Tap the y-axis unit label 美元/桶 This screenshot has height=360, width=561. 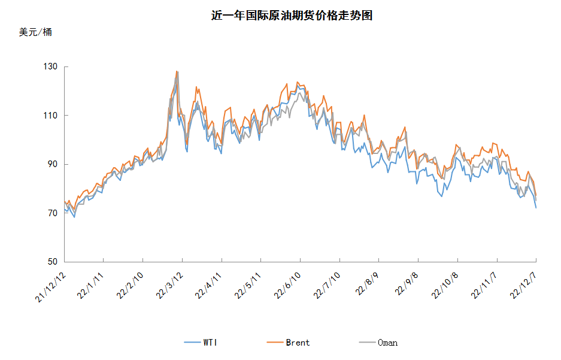pyautogui.click(x=35, y=32)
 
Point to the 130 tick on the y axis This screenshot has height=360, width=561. pyautogui.click(x=52, y=66)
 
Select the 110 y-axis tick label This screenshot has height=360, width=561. pyautogui.click(x=52, y=115)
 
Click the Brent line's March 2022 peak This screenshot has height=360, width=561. pyautogui.click(x=177, y=71)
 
